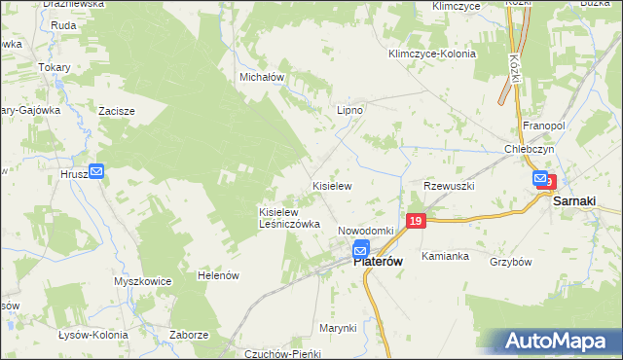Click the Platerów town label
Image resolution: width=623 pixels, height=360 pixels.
tap(378, 261)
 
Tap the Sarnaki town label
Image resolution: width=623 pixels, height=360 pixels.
tap(574, 201)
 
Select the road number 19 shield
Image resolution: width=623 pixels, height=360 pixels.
tap(416, 222)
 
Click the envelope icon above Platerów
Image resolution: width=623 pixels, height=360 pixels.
tap(361, 249)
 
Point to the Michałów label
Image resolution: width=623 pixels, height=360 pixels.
tap(261, 76)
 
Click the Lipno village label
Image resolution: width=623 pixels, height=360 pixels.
tap(349, 110)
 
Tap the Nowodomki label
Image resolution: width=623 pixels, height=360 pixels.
tap(365, 231)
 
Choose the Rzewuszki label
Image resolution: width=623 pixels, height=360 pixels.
tap(448, 185)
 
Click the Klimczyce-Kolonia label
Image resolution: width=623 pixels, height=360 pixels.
tap(431, 54)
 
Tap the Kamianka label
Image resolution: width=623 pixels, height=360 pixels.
tap(446, 256)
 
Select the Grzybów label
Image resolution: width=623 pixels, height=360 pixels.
tap(510, 262)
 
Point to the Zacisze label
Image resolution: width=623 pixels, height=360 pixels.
tap(117, 111)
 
